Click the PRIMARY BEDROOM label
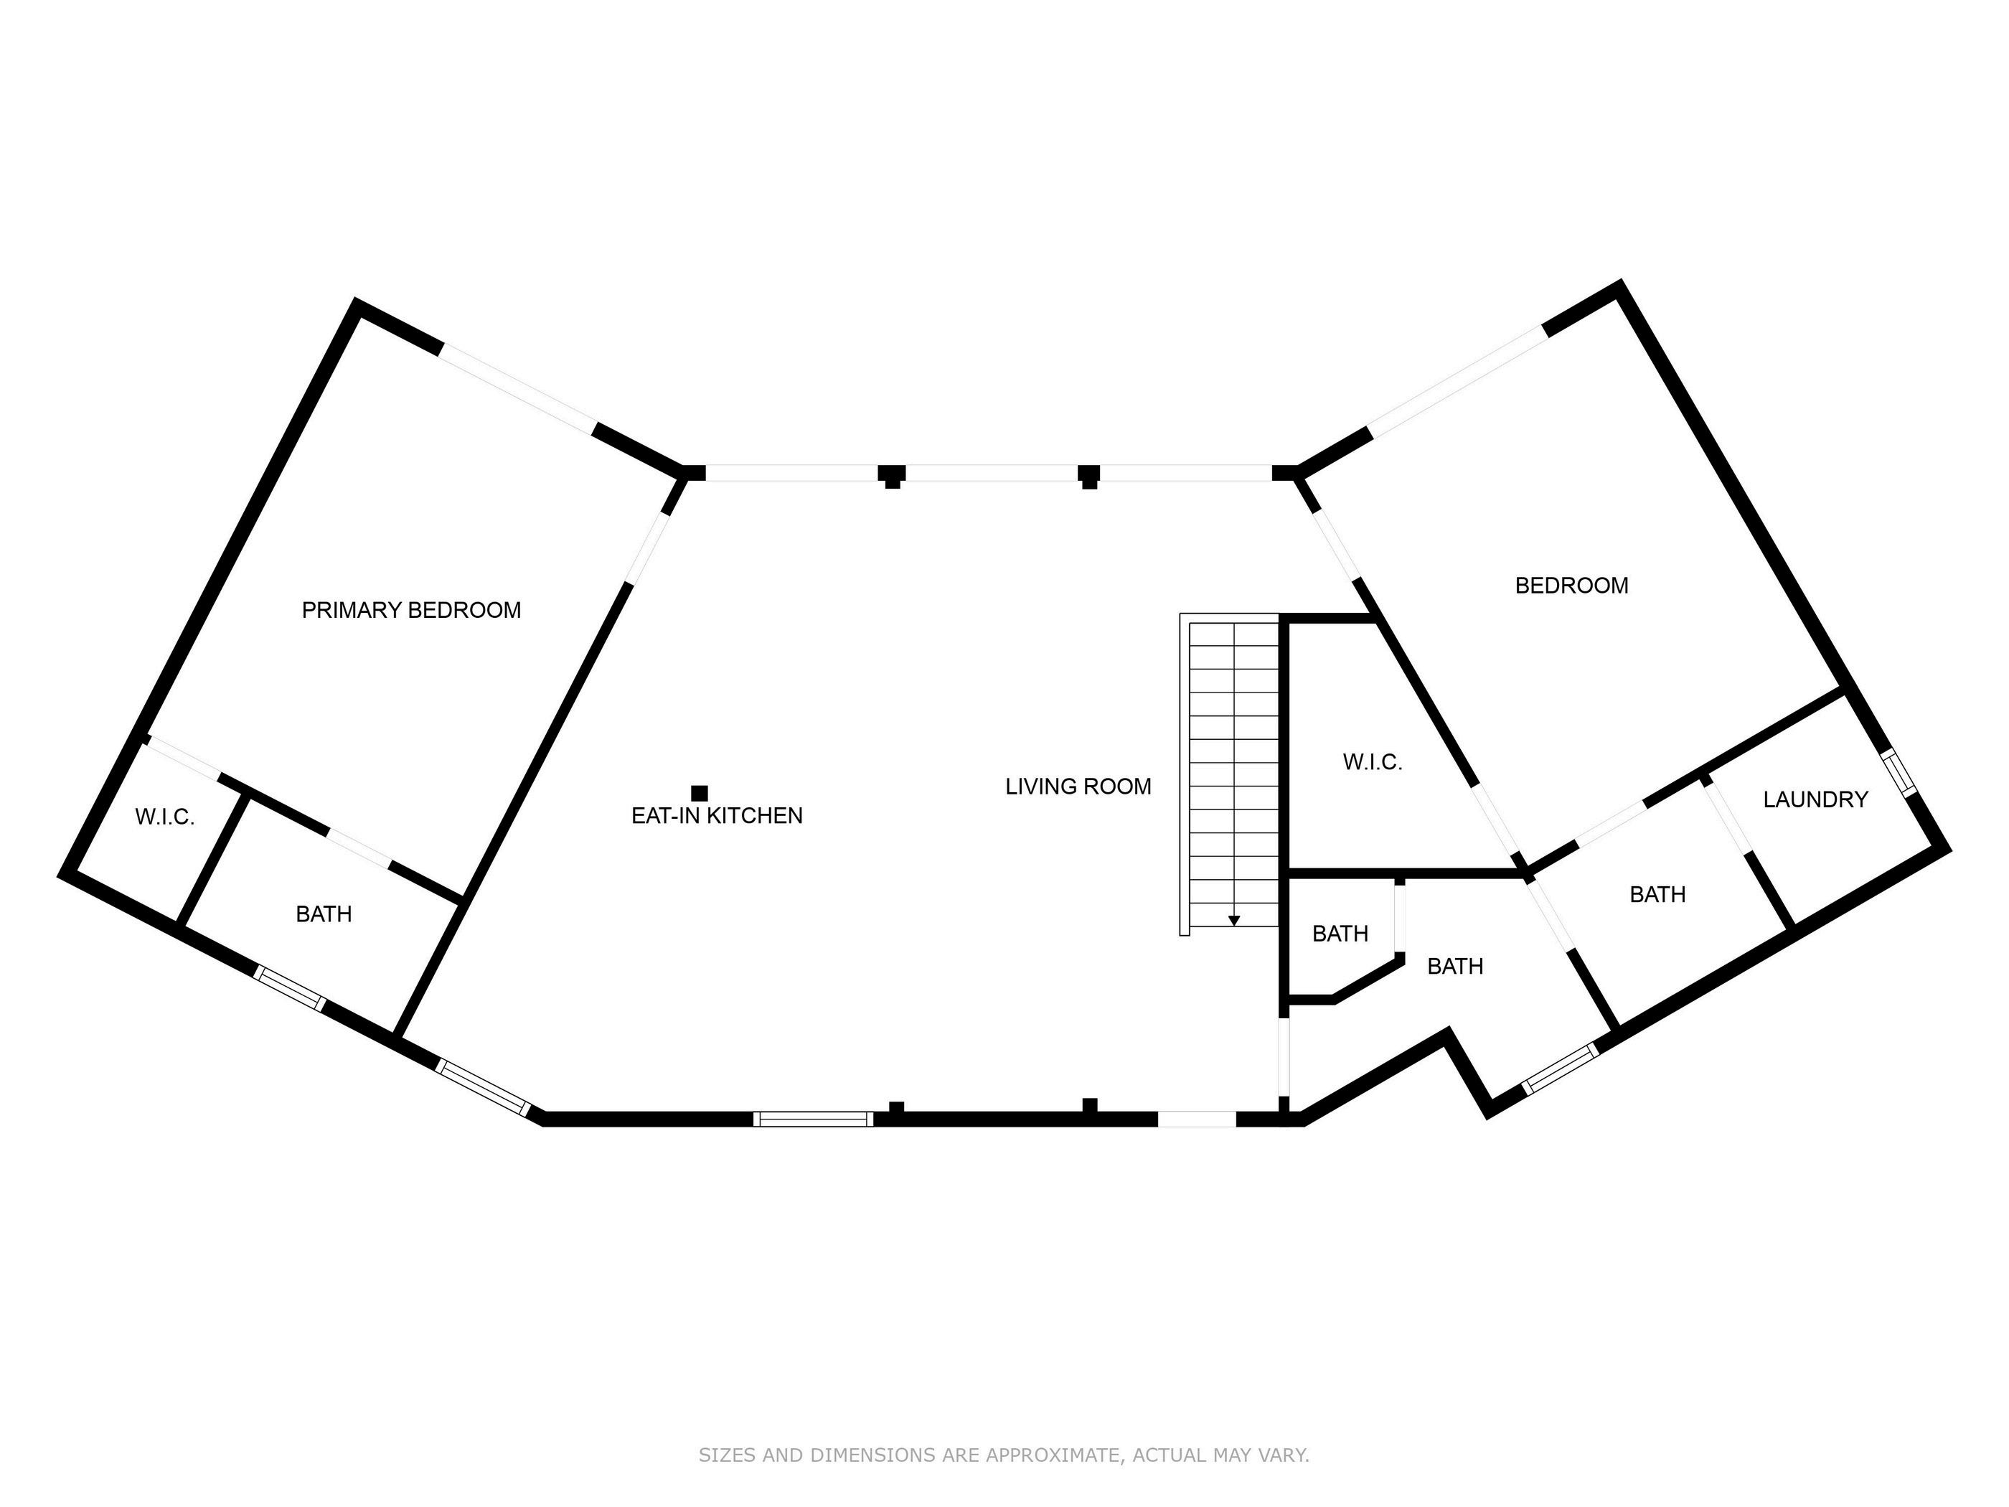click(x=410, y=611)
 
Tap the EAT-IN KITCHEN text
click(x=717, y=816)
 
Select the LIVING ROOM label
click(x=1078, y=787)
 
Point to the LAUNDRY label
click(x=1815, y=799)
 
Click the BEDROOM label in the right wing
click(x=1571, y=586)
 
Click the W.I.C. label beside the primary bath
click(x=164, y=817)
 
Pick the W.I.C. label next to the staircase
click(x=1373, y=762)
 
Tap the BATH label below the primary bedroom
click(x=324, y=914)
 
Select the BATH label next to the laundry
click(x=1657, y=895)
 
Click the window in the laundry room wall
click(x=1900, y=771)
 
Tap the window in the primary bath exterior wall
click(x=289, y=988)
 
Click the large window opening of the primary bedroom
click(x=519, y=390)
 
